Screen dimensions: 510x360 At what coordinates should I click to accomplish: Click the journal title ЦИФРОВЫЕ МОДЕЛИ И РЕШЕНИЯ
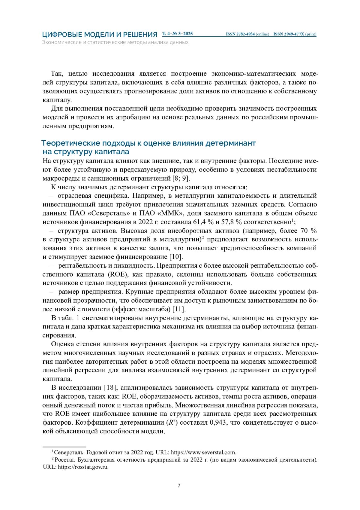coord(100,35)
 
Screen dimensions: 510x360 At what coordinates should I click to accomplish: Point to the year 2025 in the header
coord(188,34)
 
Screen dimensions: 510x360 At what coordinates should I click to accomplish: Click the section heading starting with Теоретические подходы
coord(148,143)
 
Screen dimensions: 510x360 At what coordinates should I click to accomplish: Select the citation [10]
coord(176,257)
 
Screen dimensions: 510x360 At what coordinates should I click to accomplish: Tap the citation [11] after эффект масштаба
coord(179,309)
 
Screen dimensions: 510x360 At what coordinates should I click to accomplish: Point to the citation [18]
coord(110,388)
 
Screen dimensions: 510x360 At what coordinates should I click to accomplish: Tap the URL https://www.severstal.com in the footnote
coord(203,452)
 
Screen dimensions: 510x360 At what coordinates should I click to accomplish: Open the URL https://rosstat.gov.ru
coord(83,467)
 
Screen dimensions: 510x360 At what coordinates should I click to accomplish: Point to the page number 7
coord(179,486)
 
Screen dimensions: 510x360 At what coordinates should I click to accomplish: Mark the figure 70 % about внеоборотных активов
coord(309,231)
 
